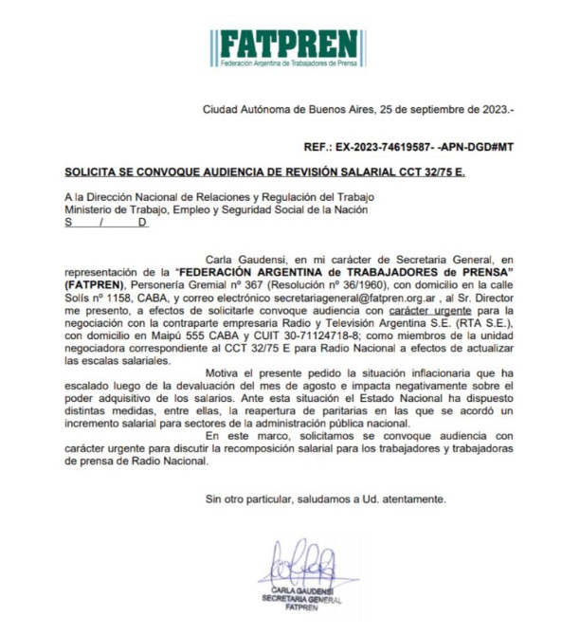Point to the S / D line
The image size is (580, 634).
coord(106,222)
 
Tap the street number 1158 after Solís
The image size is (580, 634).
coord(113,297)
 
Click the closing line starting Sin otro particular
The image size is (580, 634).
coord(325,498)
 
